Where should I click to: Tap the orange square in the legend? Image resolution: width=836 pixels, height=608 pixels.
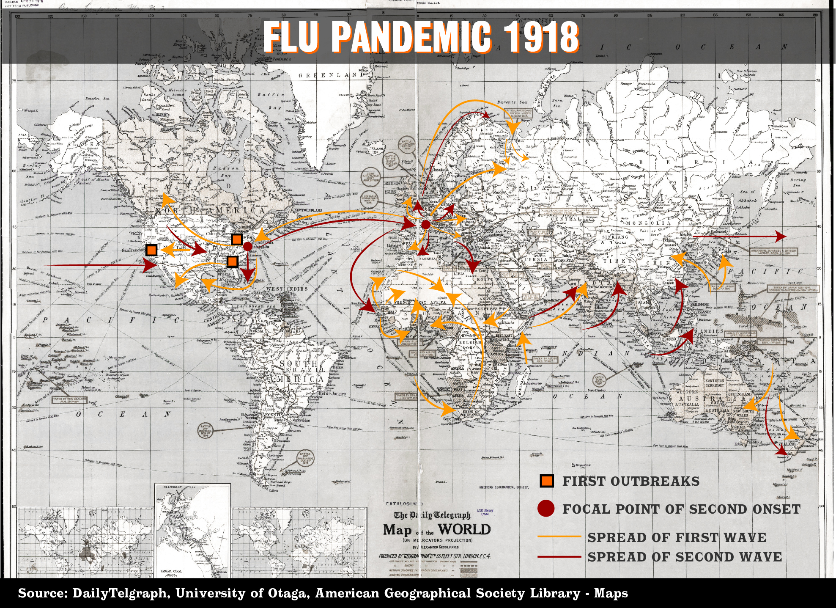click(x=547, y=481)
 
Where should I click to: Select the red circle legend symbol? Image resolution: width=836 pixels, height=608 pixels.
click(x=546, y=509)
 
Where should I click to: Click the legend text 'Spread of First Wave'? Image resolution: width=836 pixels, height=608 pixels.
click(x=677, y=537)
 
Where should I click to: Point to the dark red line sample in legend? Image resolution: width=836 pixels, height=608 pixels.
click(x=559, y=557)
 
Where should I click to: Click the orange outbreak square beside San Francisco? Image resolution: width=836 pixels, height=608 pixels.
click(x=151, y=250)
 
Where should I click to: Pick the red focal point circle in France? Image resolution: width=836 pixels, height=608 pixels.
click(x=426, y=225)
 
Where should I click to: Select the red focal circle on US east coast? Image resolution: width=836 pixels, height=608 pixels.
click(x=248, y=246)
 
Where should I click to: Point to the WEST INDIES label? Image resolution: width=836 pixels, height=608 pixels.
click(x=288, y=289)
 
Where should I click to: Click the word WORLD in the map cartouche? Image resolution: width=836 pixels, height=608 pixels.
click(x=464, y=529)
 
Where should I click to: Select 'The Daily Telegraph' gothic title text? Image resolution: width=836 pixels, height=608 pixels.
click(x=432, y=515)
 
